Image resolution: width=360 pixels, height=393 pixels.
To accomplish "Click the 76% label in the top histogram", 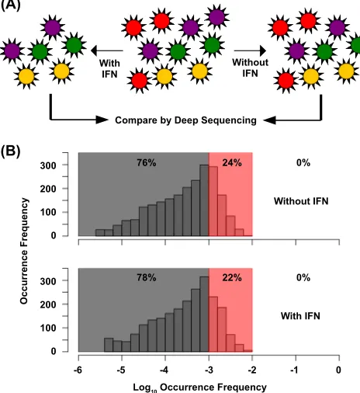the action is [147, 163].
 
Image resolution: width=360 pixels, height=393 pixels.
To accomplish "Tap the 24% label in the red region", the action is [232, 163].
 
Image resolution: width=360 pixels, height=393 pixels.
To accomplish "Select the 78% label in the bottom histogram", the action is [147, 278].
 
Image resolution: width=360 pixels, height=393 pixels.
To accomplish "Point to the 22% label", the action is [232, 278].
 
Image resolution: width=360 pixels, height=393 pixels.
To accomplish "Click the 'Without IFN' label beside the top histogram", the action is [301, 201].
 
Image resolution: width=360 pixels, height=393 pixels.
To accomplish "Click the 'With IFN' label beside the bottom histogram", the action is [300, 316].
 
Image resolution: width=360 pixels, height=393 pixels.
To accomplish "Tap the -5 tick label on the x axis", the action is [121, 370].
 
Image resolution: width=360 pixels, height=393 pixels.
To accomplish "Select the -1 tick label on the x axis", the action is [295, 370].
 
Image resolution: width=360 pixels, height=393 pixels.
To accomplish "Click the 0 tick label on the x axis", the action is [338, 370].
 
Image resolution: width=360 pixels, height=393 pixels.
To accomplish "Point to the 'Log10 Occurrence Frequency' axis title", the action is [199, 388].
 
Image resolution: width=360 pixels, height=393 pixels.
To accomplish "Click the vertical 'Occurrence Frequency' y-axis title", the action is [24, 251].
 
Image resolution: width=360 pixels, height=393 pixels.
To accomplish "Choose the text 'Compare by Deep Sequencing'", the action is [185, 120].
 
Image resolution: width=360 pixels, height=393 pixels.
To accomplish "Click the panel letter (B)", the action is [10, 151].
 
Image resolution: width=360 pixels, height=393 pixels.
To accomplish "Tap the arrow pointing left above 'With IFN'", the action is [107, 50].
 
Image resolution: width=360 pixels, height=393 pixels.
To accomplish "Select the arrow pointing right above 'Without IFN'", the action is [251, 50].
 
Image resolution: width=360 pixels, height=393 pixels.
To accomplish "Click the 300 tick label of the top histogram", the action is [48, 165].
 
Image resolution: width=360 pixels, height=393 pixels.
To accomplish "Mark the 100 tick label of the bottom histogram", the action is [48, 328].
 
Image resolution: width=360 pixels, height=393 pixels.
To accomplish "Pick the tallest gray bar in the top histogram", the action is [204, 200].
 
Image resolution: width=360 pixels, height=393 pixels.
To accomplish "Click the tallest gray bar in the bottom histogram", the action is [204, 314].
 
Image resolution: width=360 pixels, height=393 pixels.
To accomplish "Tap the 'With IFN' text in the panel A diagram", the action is [109, 68].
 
